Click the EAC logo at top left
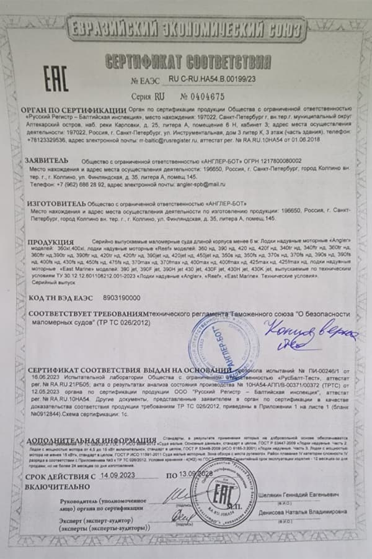point(55,79)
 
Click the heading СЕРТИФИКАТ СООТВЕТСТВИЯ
point(188,61)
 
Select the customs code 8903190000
point(118,298)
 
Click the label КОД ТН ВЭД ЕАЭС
point(63,298)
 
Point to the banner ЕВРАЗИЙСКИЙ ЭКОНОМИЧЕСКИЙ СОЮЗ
point(188,30)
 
